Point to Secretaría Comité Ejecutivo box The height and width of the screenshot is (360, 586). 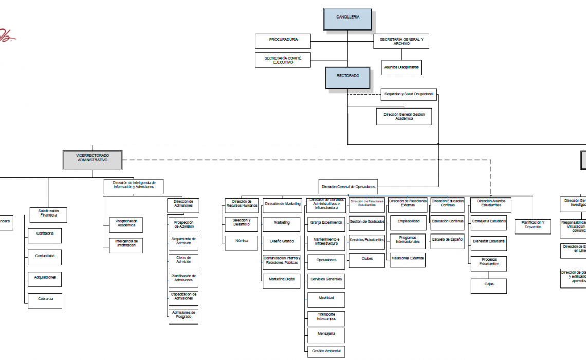(283, 60)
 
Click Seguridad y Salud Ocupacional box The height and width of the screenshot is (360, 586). (409, 94)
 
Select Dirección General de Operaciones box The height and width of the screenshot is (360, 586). (349, 187)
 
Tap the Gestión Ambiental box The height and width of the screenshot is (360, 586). (326, 352)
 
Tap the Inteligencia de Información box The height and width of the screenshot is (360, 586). (126, 245)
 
